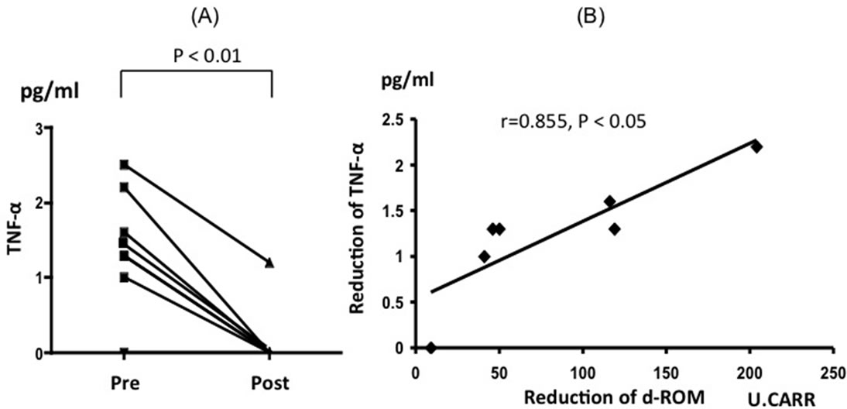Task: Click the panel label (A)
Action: click(x=195, y=16)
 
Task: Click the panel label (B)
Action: click(x=594, y=16)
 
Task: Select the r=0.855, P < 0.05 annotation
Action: click(x=571, y=122)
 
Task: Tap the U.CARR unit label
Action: click(x=780, y=398)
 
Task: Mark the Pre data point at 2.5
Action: click(x=124, y=165)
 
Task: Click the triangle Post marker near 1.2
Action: click(x=269, y=263)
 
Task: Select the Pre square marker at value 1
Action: click(x=124, y=277)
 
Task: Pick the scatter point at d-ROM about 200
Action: click(x=756, y=146)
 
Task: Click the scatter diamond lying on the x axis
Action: click(x=431, y=348)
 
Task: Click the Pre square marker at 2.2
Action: click(x=124, y=187)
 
